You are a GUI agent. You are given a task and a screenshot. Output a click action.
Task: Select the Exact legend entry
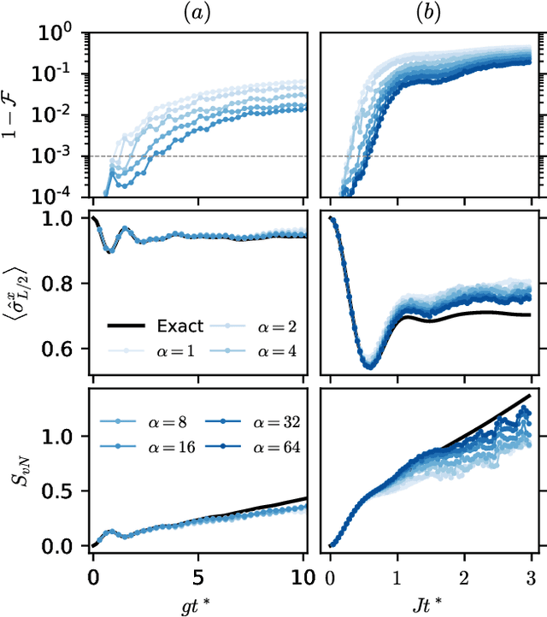coord(156,326)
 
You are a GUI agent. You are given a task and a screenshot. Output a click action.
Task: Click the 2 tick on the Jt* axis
coord(463,565)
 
